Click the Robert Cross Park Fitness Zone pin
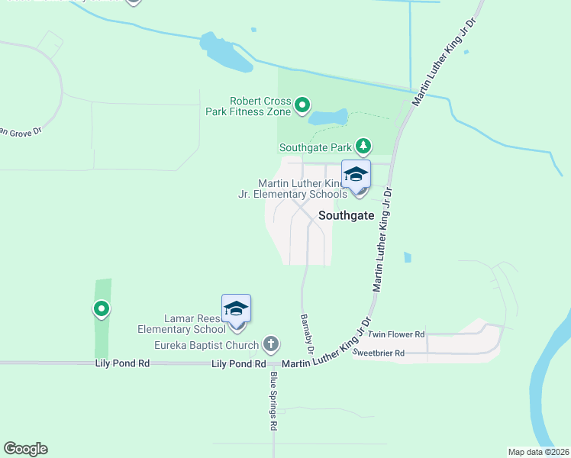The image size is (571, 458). (x=302, y=105)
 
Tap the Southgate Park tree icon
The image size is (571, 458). (x=365, y=145)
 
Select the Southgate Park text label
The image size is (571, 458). (x=315, y=147)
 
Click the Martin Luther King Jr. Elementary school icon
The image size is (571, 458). (x=356, y=175)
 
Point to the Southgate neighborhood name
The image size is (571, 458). (x=346, y=215)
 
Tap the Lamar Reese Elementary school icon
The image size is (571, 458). (x=236, y=308)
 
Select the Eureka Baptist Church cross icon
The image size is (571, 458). (x=269, y=343)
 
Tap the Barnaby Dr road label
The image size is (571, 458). (x=306, y=334)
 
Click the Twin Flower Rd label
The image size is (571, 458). (x=395, y=335)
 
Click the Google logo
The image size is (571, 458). (x=25, y=449)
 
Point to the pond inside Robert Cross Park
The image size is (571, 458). (x=328, y=118)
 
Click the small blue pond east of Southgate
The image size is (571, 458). (x=407, y=258)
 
